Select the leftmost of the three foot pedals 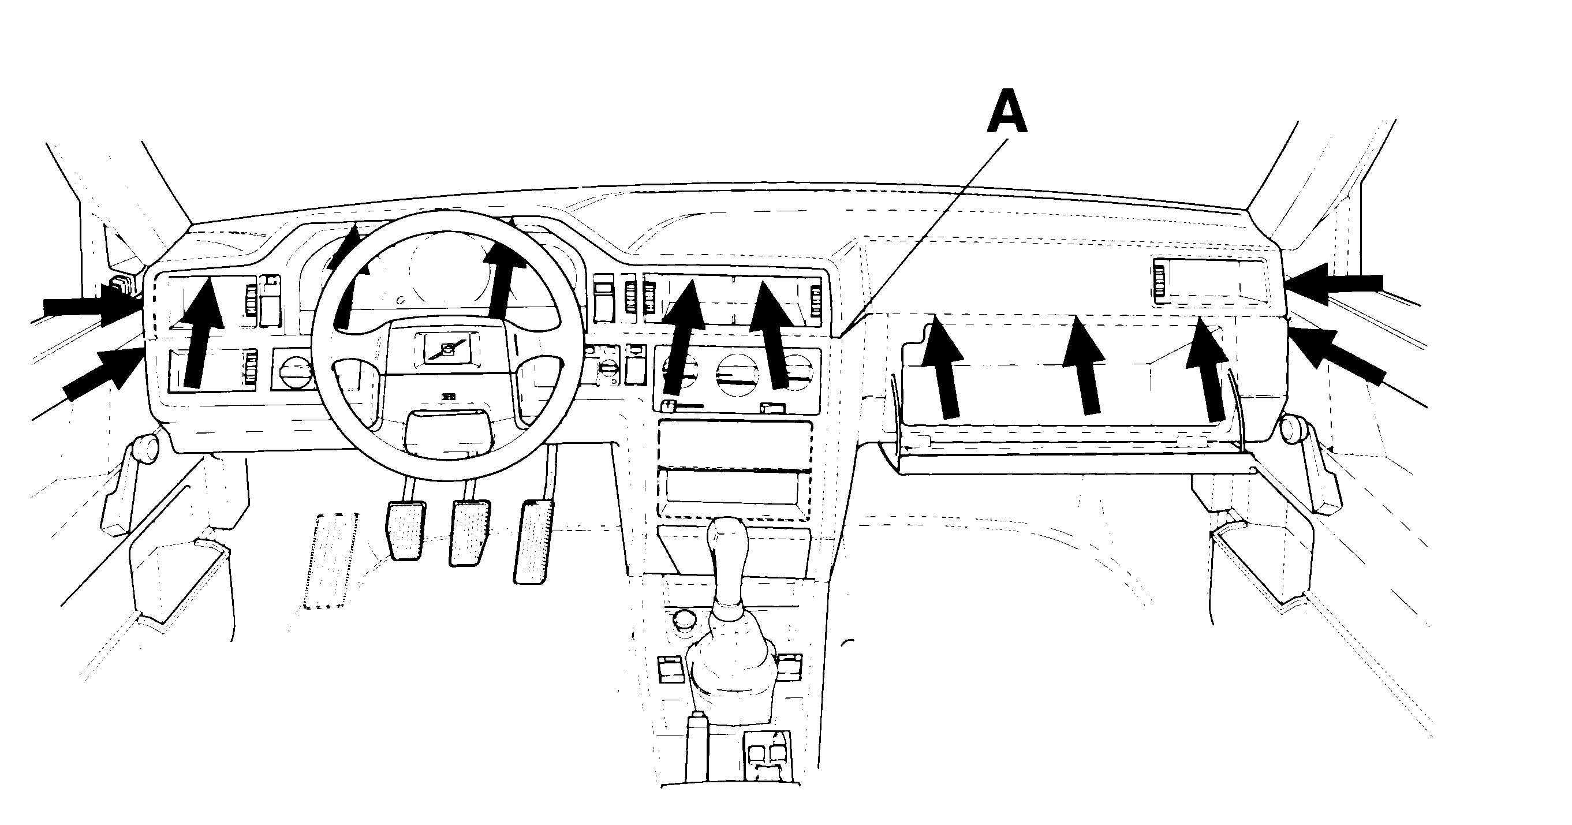[x=406, y=529]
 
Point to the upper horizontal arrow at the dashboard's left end [x=92, y=305]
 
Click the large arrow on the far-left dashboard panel [x=204, y=332]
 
